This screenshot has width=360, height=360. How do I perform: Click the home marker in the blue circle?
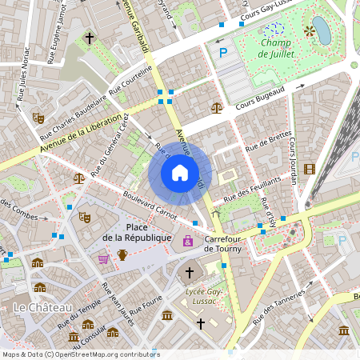pos(180,173)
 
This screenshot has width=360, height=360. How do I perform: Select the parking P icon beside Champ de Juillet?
pos(224,53)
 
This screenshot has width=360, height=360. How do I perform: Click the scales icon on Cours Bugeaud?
pos(216,106)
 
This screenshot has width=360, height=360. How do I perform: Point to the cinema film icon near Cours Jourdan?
pos(310,168)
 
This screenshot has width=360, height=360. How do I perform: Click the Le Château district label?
pos(42,307)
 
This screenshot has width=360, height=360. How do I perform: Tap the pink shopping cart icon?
pos(103,258)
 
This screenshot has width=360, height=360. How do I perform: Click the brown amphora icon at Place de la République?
pos(122,254)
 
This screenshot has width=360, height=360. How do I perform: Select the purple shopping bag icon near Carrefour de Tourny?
pos(188,241)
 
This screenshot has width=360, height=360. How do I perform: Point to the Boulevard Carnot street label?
pos(149,202)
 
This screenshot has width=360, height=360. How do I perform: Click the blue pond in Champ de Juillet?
pos(321,30)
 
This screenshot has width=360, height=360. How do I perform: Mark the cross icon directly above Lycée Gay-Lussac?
pos(190,273)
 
